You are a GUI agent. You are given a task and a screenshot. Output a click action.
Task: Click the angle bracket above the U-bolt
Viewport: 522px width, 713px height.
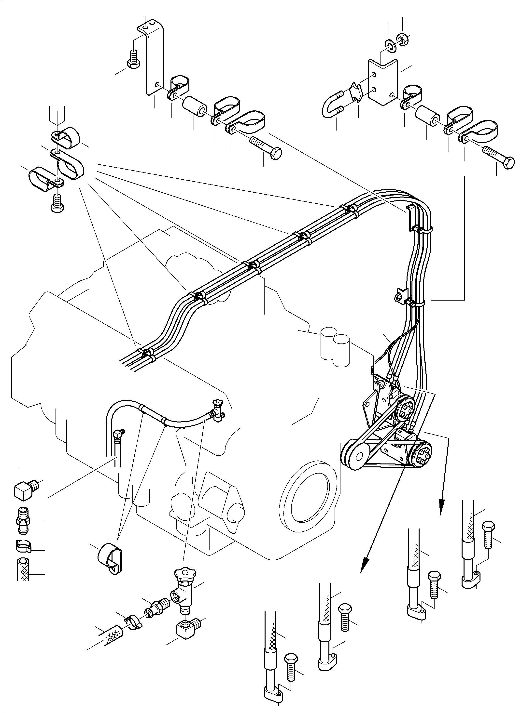click(383, 83)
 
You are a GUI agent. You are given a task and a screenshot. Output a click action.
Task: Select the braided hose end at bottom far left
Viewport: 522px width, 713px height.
click(23, 569)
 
